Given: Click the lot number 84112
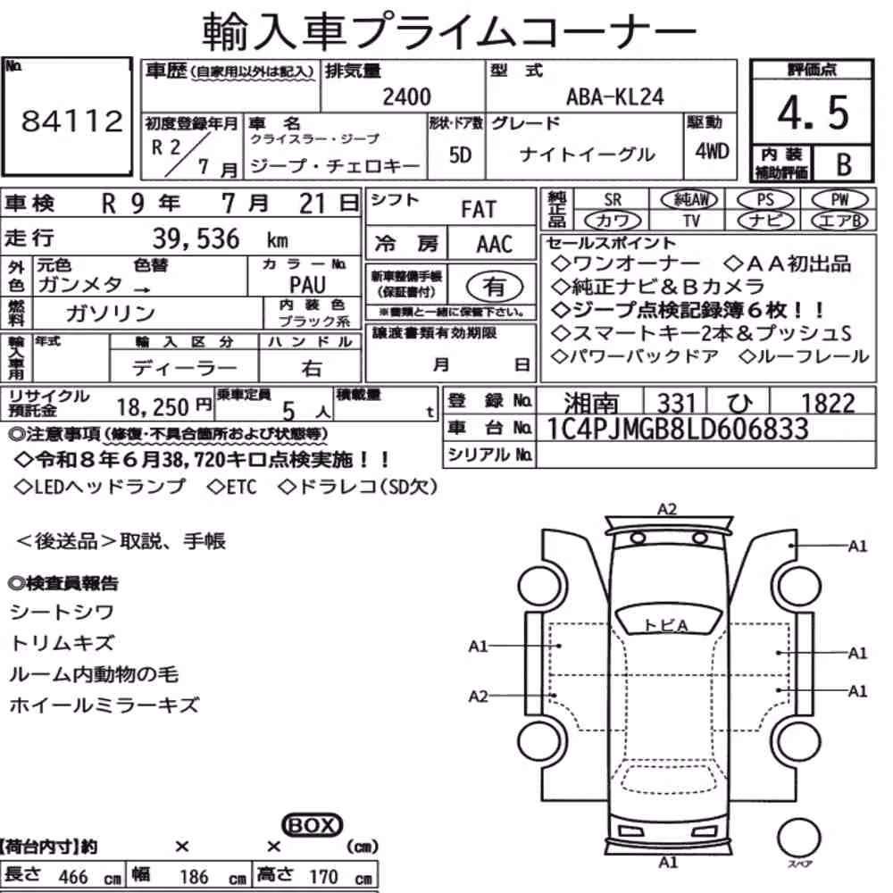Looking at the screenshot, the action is pos(72,121).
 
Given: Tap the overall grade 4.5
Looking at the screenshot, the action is pos(813,113).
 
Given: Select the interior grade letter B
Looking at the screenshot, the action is pos(844,164).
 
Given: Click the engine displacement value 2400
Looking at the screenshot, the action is pos(406,96).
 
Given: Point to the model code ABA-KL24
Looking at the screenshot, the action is pos(614,96).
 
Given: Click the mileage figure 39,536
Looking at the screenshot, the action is pos(196,238).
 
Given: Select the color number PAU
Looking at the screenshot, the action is pos(307,285).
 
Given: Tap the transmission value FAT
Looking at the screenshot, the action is pos(479,209).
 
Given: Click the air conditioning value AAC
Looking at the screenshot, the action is pos(495,245).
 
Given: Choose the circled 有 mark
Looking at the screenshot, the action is pos(495,287).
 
